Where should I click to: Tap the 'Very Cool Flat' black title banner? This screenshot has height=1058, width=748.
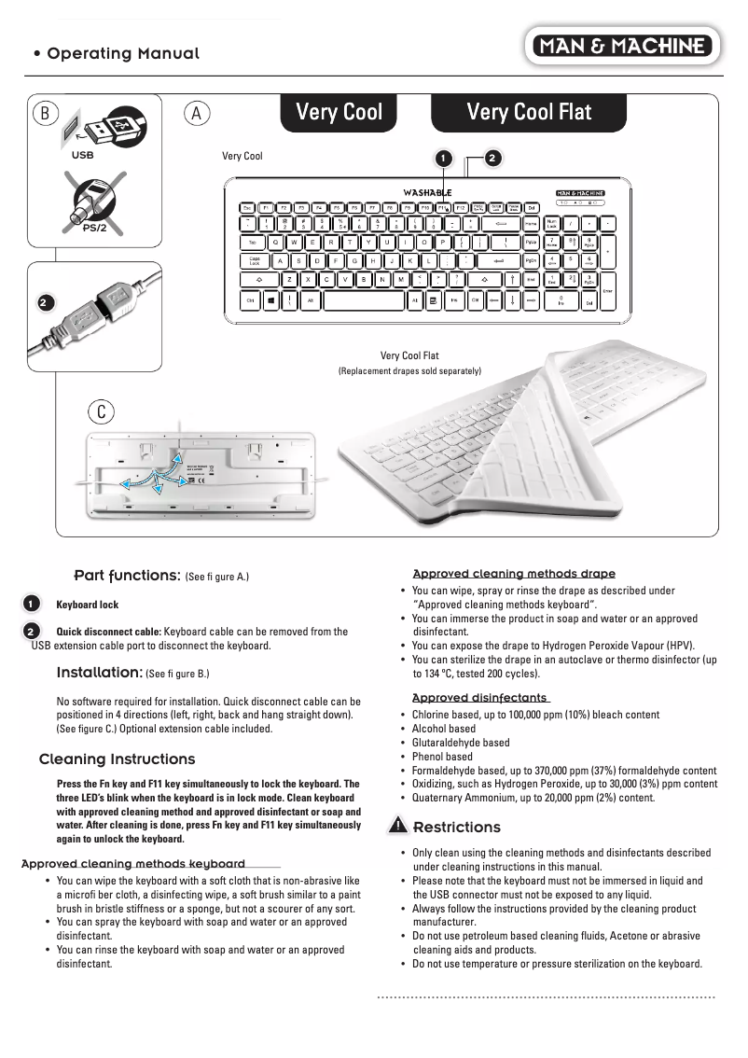click(529, 113)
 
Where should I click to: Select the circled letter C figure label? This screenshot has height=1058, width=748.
click(101, 411)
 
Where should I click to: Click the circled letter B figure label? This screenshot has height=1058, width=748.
click(44, 113)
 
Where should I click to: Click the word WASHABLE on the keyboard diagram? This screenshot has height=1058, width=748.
click(427, 192)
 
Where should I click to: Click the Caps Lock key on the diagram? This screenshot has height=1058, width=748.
click(255, 261)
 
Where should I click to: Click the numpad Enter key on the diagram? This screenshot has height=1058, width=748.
click(608, 291)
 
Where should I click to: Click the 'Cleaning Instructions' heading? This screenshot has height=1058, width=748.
click(118, 759)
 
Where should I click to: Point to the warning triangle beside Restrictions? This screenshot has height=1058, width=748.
click(398, 826)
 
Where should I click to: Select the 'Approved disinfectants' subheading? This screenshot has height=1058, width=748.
click(479, 698)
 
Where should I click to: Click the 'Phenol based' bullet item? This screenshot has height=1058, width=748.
click(442, 757)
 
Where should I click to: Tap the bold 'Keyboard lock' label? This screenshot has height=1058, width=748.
click(88, 605)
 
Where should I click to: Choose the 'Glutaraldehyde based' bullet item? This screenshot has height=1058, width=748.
click(461, 743)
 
